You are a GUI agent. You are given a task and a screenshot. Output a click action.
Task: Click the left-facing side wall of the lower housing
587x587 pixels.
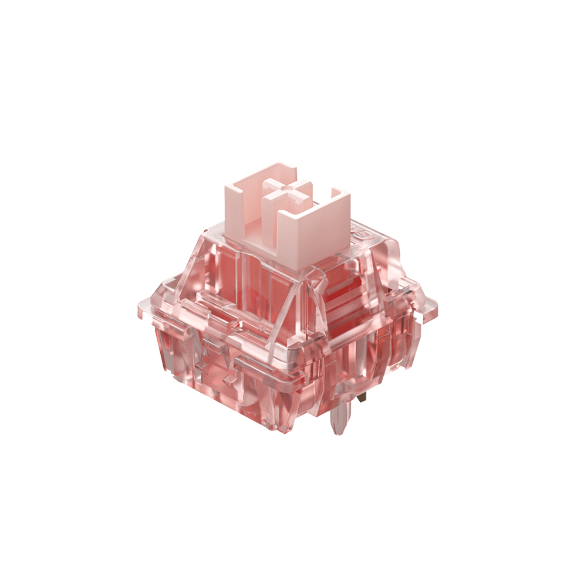217,376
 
